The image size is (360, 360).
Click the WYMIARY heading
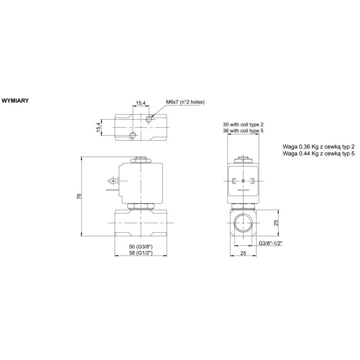point(16,100)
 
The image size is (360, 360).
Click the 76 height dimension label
point(79,196)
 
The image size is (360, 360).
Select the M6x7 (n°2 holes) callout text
point(185,102)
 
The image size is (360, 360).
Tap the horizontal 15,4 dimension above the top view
point(141,103)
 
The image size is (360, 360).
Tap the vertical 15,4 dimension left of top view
point(98,127)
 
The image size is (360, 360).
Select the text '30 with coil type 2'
point(243,124)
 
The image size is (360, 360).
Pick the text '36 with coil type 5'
point(243,130)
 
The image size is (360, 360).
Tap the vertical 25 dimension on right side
point(276,222)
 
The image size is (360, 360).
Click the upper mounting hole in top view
point(150,120)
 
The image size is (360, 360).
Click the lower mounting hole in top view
point(132,135)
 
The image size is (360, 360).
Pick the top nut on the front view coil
point(141,159)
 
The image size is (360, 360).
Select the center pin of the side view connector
point(243,181)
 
